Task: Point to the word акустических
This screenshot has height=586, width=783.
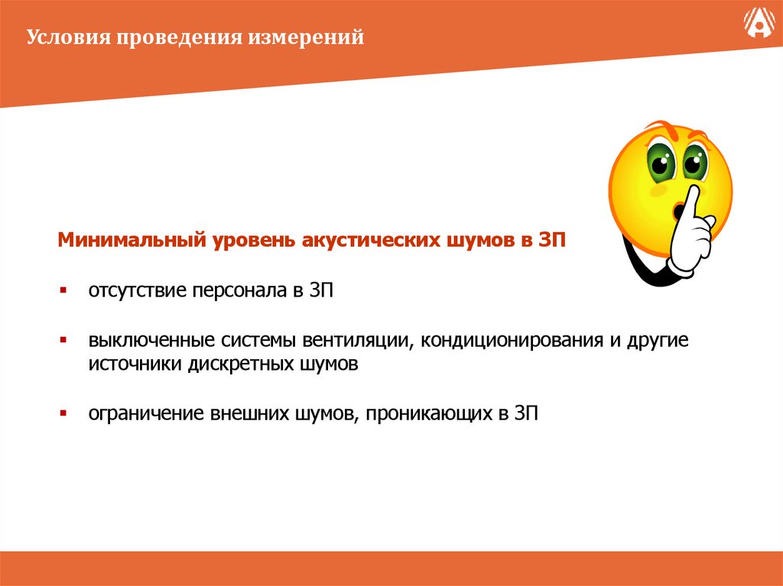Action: coord(370,241)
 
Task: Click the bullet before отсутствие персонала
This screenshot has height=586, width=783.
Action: coord(64,291)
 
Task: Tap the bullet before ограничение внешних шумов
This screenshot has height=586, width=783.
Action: coord(64,413)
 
